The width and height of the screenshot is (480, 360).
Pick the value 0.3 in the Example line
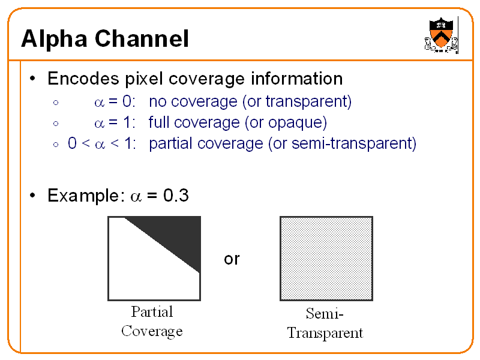(x=176, y=196)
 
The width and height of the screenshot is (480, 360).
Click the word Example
(x=83, y=196)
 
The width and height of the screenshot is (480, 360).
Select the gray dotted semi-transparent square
(x=326, y=258)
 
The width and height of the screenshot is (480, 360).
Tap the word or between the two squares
(x=232, y=259)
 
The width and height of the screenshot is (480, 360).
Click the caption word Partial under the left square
(x=152, y=312)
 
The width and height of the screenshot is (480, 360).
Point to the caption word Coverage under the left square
(x=152, y=331)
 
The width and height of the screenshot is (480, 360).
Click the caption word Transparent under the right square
(x=325, y=333)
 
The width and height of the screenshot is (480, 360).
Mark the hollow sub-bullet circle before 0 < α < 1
(x=55, y=145)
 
